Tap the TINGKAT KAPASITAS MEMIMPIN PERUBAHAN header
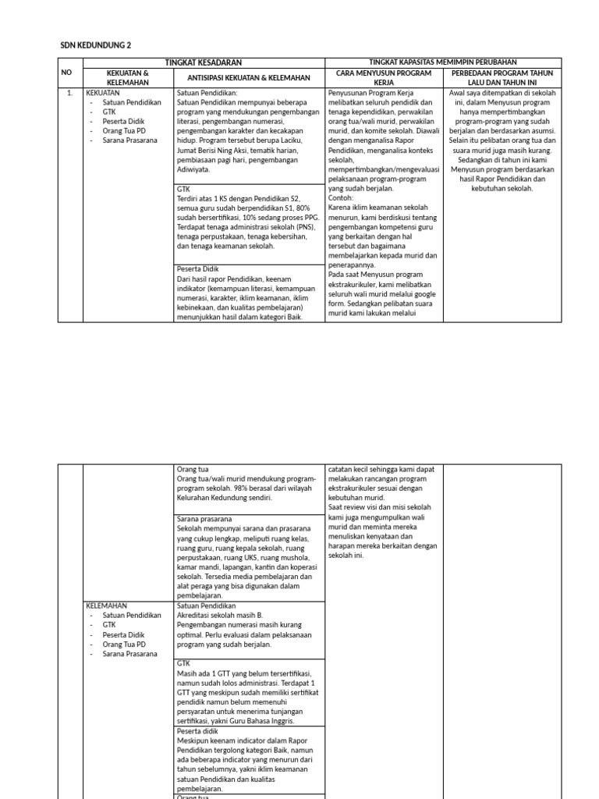coord(442,62)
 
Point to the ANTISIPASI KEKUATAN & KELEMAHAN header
coord(249,77)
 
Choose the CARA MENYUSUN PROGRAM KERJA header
coord(384,77)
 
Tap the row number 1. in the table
coord(69,93)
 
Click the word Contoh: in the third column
coord(341,198)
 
